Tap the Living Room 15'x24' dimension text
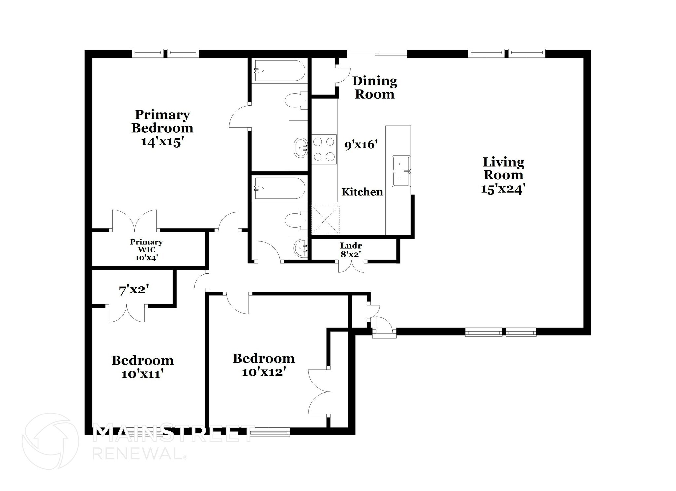click(503, 189)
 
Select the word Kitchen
click(362, 192)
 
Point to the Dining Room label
click(375, 87)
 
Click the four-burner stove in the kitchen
click(324, 149)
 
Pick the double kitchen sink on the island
click(401, 171)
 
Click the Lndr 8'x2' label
click(351, 250)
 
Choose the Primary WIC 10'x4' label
click(146, 250)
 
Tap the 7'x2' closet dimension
click(134, 290)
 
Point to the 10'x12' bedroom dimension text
click(263, 372)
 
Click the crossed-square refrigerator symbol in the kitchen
click(325, 219)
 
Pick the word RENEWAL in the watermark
click(137, 454)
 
